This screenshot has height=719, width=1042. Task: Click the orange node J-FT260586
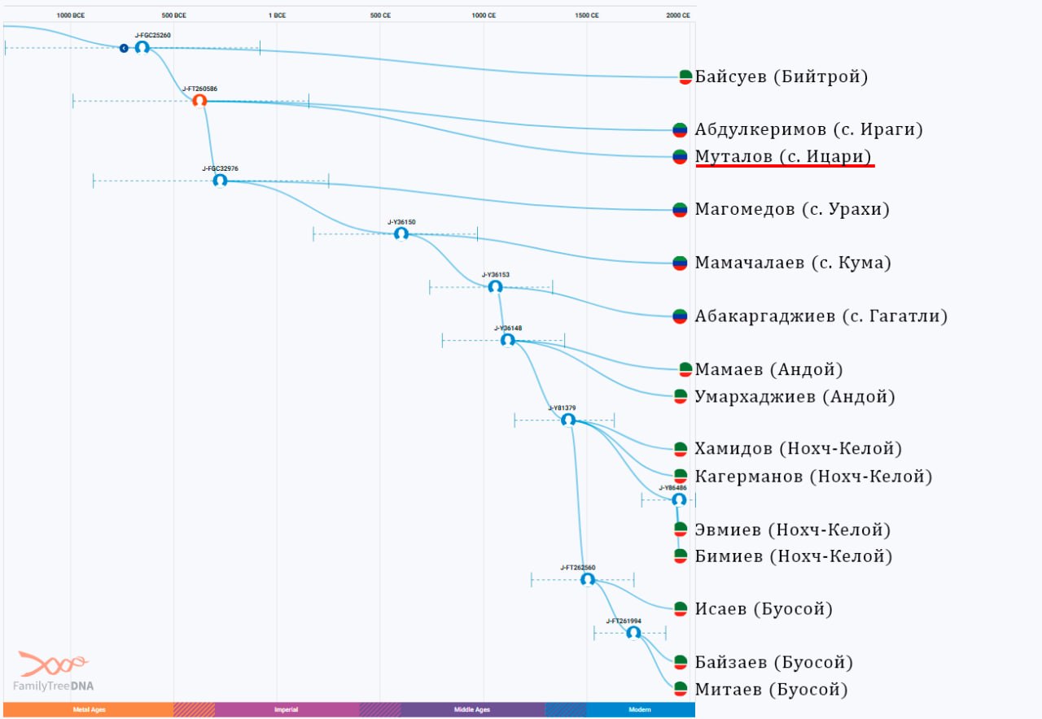pyautogui.click(x=199, y=101)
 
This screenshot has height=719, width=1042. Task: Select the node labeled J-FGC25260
pyautogui.click(x=142, y=47)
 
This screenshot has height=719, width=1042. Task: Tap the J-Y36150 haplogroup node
pyautogui.click(x=401, y=233)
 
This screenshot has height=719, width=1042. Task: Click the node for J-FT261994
pyautogui.click(x=633, y=633)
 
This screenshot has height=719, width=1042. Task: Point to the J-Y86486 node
pyautogui.click(x=679, y=500)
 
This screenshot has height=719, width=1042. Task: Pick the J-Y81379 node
pyautogui.click(x=568, y=421)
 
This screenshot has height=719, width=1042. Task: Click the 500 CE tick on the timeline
pyautogui.click(x=380, y=15)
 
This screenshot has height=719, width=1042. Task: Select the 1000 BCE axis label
pyautogui.click(x=71, y=15)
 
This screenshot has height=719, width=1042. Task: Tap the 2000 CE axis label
pyautogui.click(x=678, y=15)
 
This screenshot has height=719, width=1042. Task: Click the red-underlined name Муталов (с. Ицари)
pyautogui.click(x=783, y=156)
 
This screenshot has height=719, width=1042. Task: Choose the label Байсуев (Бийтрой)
pyautogui.click(x=781, y=76)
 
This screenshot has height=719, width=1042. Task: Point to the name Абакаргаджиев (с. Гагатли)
pyautogui.click(x=821, y=316)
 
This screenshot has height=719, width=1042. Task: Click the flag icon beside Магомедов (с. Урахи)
pyautogui.click(x=680, y=210)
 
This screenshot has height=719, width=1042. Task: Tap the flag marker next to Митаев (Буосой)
pyautogui.click(x=681, y=689)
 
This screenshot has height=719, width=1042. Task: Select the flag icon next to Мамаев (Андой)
pyautogui.click(x=685, y=369)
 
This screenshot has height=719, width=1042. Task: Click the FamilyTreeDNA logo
pyautogui.click(x=53, y=671)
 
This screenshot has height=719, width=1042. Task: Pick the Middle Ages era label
pyautogui.click(x=472, y=709)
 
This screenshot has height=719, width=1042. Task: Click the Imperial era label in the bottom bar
pyautogui.click(x=286, y=709)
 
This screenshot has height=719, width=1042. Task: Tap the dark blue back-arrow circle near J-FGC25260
pyautogui.click(x=124, y=48)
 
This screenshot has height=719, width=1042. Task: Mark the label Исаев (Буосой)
pyautogui.click(x=764, y=609)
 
